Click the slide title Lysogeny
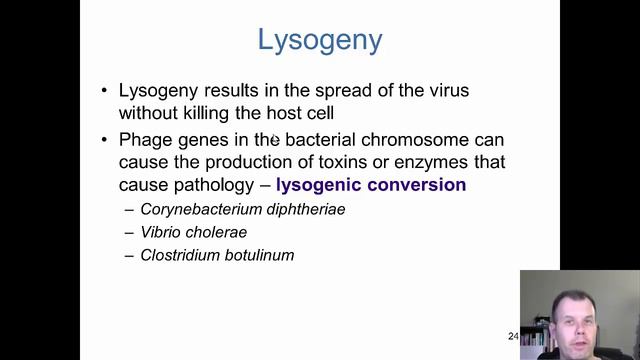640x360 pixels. point(319,40)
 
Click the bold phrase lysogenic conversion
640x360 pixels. point(371,185)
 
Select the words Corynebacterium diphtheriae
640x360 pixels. point(243,210)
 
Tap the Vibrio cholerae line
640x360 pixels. point(194,232)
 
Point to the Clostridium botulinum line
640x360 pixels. point(217,255)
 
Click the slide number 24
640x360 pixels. point(513,336)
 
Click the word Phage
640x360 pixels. point(146,139)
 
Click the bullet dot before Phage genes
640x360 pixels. point(105,139)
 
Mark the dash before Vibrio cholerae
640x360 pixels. point(129,232)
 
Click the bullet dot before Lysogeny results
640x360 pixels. point(105,90)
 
